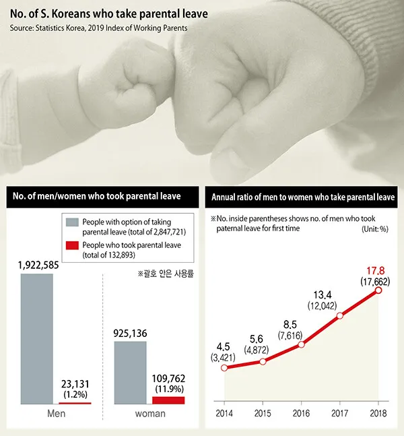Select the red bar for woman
coord(168,400)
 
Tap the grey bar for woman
coord(130,372)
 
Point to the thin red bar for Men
coord(74,403)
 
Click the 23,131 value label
coord(74,383)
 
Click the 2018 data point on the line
coord(378,290)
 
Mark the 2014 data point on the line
coord(224,367)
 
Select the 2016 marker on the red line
coord(302,344)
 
